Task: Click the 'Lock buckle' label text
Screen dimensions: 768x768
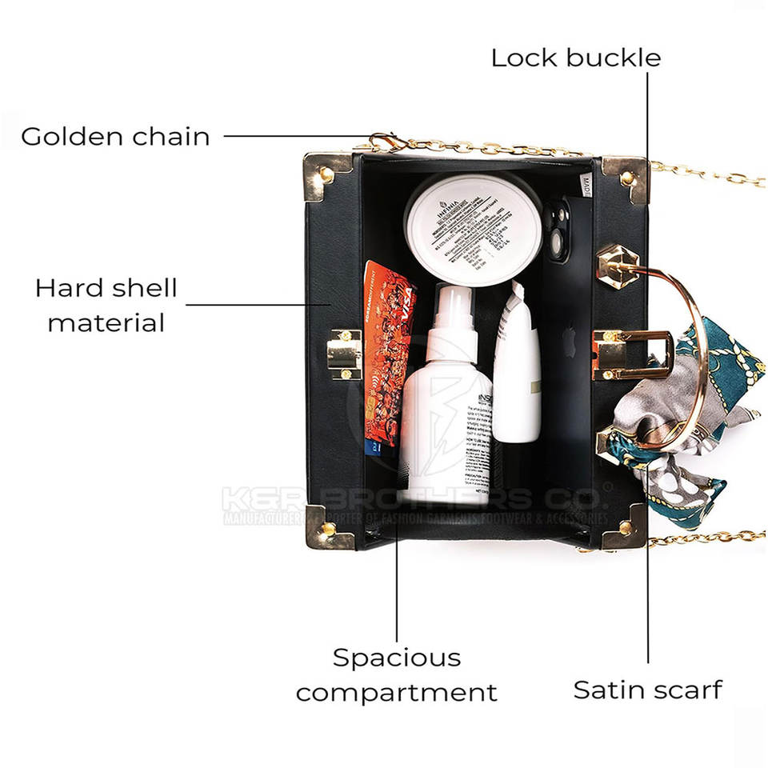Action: coord(575,58)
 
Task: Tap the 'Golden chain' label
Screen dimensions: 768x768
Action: coord(115,136)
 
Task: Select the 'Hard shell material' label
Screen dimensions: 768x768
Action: coord(106,305)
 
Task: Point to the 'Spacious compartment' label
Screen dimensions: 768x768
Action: coord(397,674)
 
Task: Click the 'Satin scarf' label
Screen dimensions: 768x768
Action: coord(647,690)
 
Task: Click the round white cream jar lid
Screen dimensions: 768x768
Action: coord(474,228)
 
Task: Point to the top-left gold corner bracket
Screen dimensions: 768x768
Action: coord(325,176)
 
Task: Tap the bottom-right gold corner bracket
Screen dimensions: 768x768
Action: coord(625,526)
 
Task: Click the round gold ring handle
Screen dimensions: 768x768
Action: coord(680,352)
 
